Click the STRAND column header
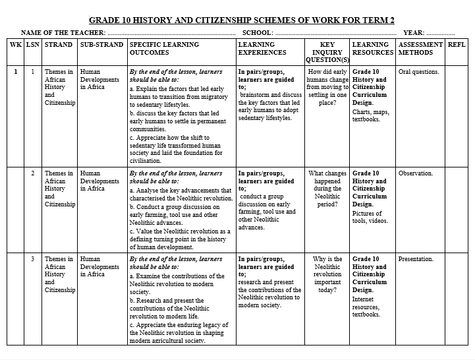pos(59,45)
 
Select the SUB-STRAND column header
pos(101,45)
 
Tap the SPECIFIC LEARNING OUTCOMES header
pos(157,48)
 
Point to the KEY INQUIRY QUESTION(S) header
pos(327,52)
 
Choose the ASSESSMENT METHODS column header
pos(420,48)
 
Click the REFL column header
pos(456,45)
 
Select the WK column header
pos(15,45)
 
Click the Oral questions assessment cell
pos(418,72)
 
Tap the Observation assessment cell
pos(416,173)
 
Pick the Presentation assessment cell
pos(416,259)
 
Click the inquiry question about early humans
pos(327,87)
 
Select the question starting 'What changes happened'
pos(327,189)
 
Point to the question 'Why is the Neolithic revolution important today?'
pos(327,274)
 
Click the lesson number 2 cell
pos(32,173)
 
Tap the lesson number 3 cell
pos(32,259)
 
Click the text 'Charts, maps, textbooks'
pos(371,116)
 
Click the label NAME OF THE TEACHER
pos(63,32)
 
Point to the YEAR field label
pos(414,32)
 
